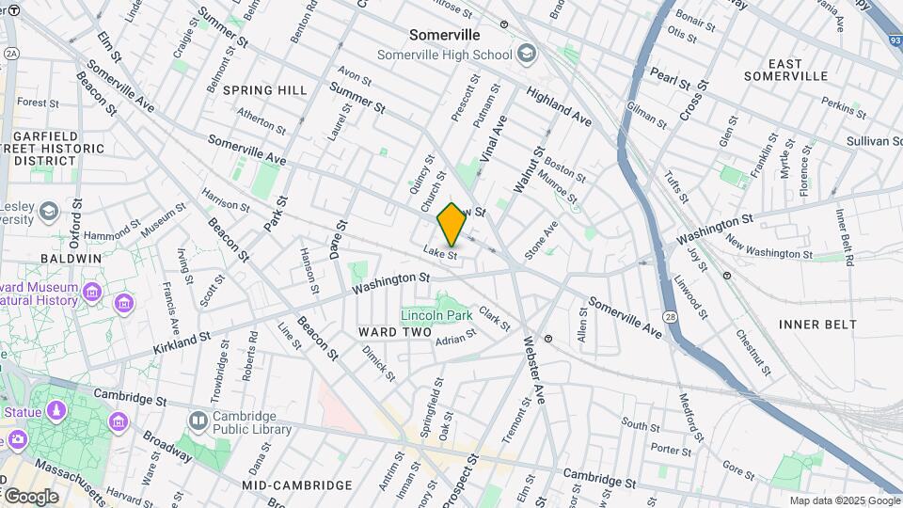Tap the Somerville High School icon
(x=527, y=54)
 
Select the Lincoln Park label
(x=436, y=315)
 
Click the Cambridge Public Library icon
(x=198, y=421)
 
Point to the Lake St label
(x=439, y=254)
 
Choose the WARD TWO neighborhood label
(x=394, y=333)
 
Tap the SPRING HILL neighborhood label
(x=265, y=90)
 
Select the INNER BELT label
(x=817, y=325)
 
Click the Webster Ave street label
(x=533, y=370)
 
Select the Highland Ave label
(x=559, y=107)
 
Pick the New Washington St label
(x=768, y=253)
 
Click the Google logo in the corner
(x=30, y=496)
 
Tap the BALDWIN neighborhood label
(x=71, y=258)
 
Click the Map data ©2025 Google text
(x=844, y=500)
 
